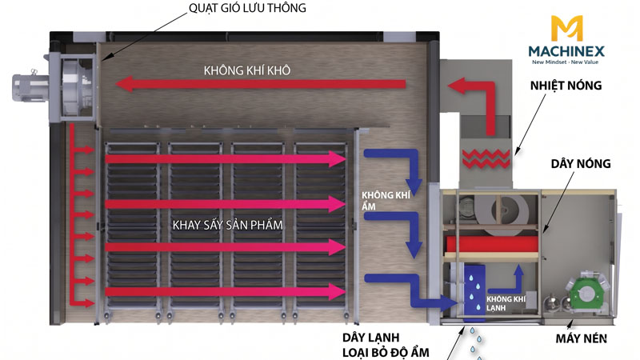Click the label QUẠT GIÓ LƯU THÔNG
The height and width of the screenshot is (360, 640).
click(x=247, y=8)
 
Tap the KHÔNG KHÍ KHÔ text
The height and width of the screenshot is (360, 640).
click(x=247, y=70)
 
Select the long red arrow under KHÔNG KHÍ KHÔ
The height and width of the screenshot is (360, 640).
click(x=261, y=84)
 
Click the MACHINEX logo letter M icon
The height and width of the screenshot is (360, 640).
click(x=566, y=28)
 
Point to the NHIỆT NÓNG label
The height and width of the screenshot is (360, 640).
click(x=566, y=86)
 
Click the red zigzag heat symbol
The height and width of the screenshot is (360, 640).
click(x=486, y=158)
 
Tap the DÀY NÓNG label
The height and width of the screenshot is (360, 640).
click(x=581, y=164)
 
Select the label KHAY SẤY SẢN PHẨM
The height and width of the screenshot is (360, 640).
click(x=227, y=225)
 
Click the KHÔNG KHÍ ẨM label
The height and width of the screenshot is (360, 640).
click(x=386, y=201)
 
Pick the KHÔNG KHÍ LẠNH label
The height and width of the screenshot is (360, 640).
click(x=506, y=303)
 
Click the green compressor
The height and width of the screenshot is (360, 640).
click(x=586, y=294)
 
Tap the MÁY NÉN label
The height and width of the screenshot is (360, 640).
click(x=581, y=338)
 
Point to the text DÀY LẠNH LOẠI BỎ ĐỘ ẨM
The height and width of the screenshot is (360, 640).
click(x=386, y=345)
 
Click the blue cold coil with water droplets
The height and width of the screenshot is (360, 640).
click(x=474, y=290)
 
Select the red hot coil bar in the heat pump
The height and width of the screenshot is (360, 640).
click(x=491, y=244)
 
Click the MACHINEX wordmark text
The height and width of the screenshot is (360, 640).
click(x=566, y=51)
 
